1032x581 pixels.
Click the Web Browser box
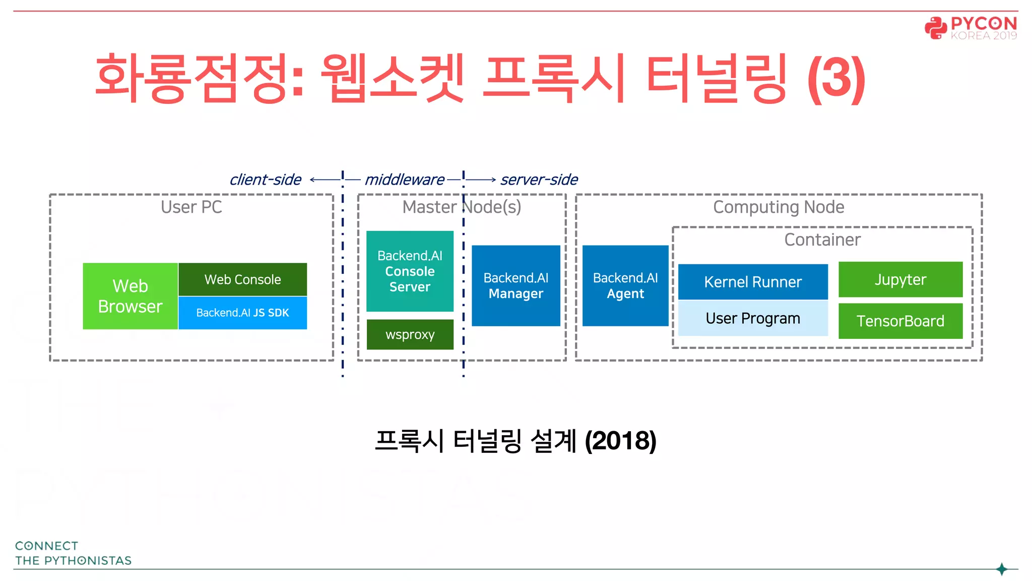130,296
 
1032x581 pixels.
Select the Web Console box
242,279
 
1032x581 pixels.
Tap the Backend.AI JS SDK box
242,313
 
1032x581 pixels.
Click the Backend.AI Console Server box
410,271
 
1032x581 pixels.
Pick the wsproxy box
410,334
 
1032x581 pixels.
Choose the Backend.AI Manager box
515,285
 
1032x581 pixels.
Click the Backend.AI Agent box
625,285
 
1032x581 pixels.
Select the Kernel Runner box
752,282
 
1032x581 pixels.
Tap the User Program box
752,318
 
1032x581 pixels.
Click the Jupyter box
900,279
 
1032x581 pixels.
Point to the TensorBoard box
900,321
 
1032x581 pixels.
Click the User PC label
191,207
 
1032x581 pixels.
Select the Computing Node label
778,207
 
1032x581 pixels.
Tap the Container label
822,240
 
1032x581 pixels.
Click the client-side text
265,180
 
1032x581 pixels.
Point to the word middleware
404,180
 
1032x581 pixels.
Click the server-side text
539,180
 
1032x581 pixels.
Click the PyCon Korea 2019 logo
971,28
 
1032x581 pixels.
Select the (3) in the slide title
836,79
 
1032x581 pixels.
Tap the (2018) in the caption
620,441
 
